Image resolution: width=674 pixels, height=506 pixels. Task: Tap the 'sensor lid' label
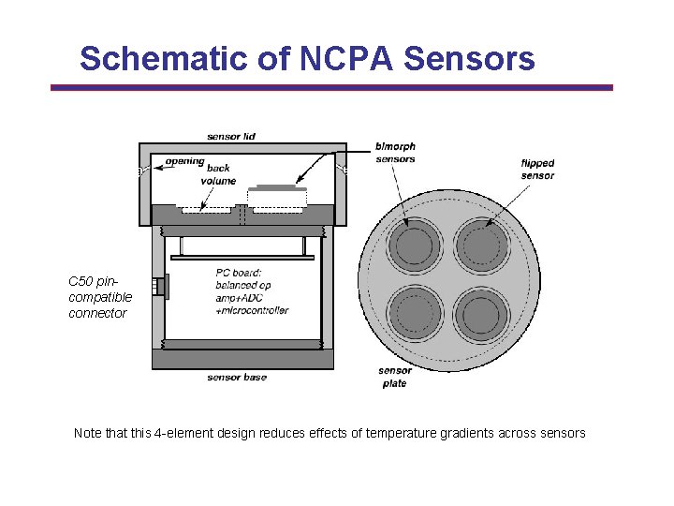pyautogui.click(x=231, y=137)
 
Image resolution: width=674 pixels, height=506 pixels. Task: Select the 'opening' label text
pyautogui.click(x=184, y=162)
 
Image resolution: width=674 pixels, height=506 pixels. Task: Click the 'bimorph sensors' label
pyautogui.click(x=394, y=153)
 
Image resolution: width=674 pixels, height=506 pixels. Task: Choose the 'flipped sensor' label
pyautogui.click(x=537, y=170)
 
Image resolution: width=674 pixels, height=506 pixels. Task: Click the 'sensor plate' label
pyautogui.click(x=395, y=377)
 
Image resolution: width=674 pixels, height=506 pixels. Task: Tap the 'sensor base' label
pyautogui.click(x=237, y=378)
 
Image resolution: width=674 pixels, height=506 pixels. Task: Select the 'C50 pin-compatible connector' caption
pyautogui.click(x=100, y=297)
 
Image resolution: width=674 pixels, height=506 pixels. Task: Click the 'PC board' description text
pyautogui.click(x=251, y=291)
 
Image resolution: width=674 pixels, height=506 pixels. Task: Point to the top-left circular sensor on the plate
pyautogui.click(x=413, y=246)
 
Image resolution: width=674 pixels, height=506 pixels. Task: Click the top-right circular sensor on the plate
pyautogui.click(x=481, y=246)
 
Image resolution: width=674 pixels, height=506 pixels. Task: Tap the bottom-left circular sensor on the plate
pyautogui.click(x=413, y=314)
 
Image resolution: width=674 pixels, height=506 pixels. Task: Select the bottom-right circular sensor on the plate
pyautogui.click(x=481, y=314)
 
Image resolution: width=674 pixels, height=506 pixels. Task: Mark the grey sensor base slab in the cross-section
pyautogui.click(x=242, y=359)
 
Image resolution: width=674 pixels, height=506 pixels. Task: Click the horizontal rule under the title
pyautogui.click(x=331, y=88)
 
